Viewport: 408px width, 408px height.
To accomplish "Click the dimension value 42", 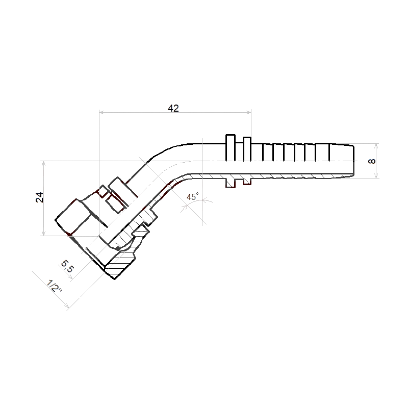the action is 173,108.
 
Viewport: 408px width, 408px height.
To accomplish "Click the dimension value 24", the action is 40,197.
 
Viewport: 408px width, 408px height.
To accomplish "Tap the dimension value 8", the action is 372,161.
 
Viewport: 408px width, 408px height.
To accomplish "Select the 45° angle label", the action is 193,196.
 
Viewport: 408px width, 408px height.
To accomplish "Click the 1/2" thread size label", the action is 55,286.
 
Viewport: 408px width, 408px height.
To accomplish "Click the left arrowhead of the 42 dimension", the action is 101,112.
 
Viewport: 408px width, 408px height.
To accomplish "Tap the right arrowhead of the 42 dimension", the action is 249,112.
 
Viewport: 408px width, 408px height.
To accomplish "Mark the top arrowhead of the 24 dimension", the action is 44,163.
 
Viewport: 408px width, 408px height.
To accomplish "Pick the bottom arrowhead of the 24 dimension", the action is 44,233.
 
